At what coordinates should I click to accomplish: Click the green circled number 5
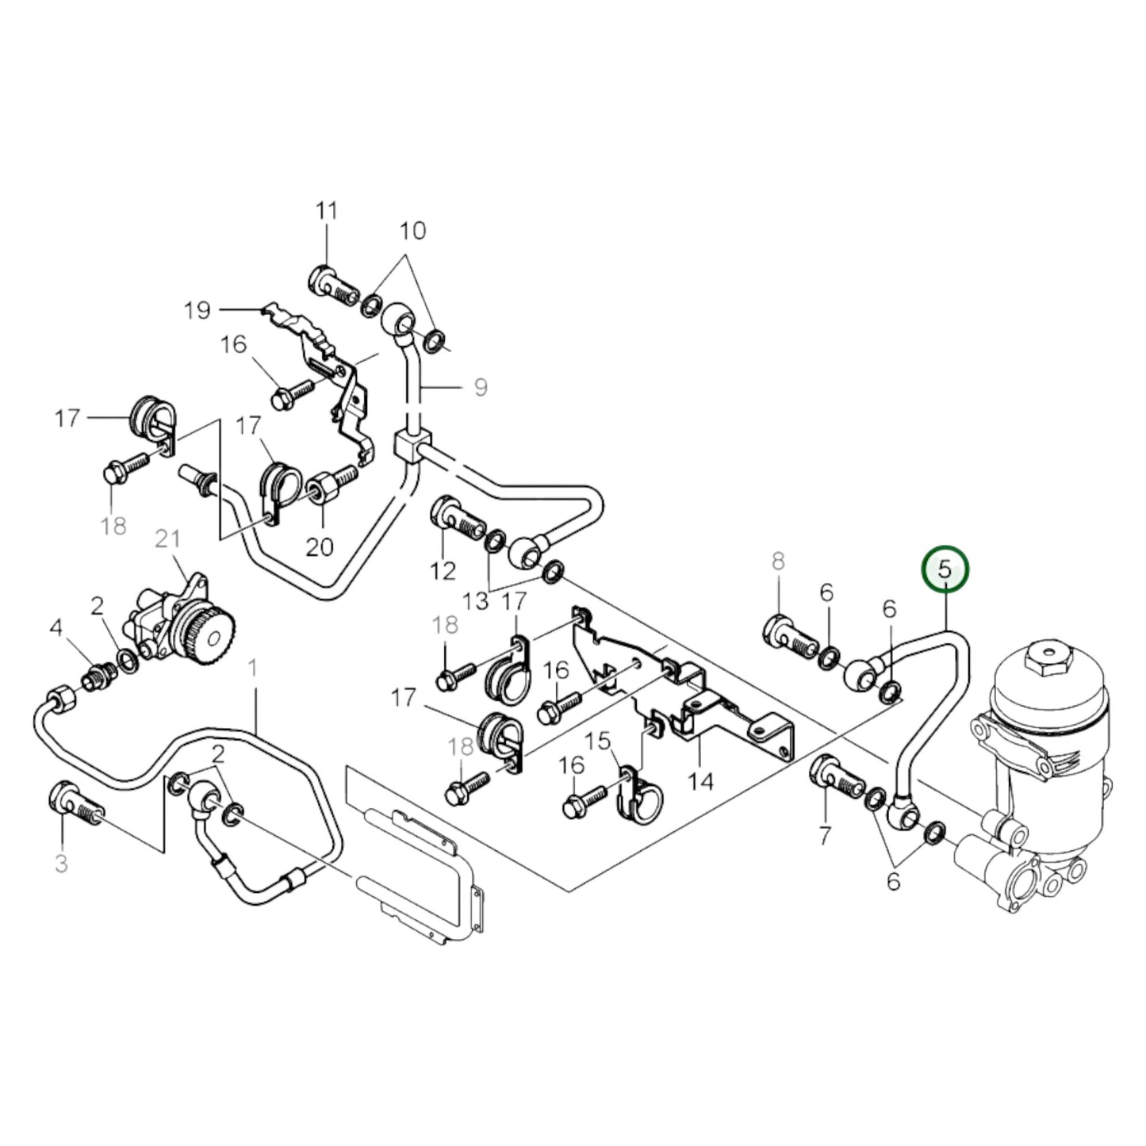click(x=944, y=569)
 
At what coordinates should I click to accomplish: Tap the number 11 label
click(x=326, y=211)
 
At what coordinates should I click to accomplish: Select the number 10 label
click(x=412, y=231)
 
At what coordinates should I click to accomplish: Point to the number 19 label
click(x=197, y=309)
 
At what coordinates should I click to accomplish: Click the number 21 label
click(x=167, y=539)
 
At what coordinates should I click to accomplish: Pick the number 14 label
click(x=700, y=782)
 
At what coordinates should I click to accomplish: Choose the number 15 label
click(x=599, y=742)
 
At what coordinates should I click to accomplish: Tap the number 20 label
click(x=320, y=546)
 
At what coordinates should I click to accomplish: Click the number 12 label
click(x=443, y=570)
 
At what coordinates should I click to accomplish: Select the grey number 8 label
click(x=778, y=562)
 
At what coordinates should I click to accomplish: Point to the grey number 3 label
click(x=62, y=864)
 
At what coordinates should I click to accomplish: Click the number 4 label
click(x=56, y=629)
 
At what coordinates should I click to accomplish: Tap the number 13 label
click(x=476, y=601)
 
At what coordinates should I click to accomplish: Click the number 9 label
click(x=481, y=387)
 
